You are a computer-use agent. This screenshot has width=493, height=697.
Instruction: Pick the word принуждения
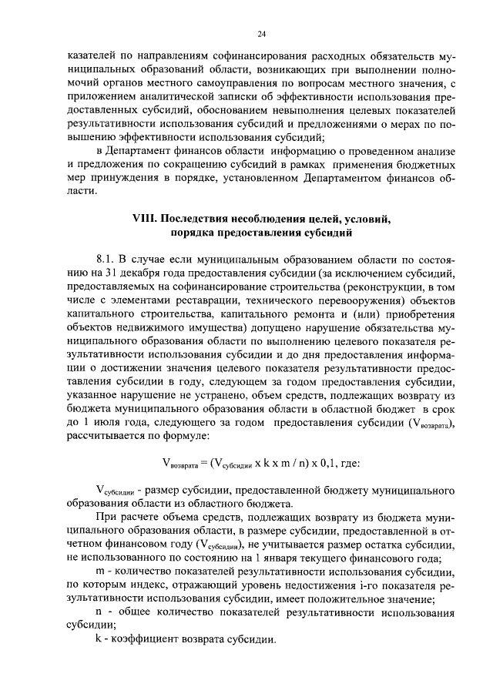pos(119,177)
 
